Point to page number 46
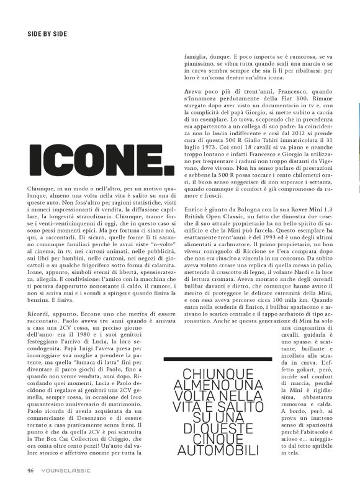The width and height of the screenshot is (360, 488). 30,470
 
